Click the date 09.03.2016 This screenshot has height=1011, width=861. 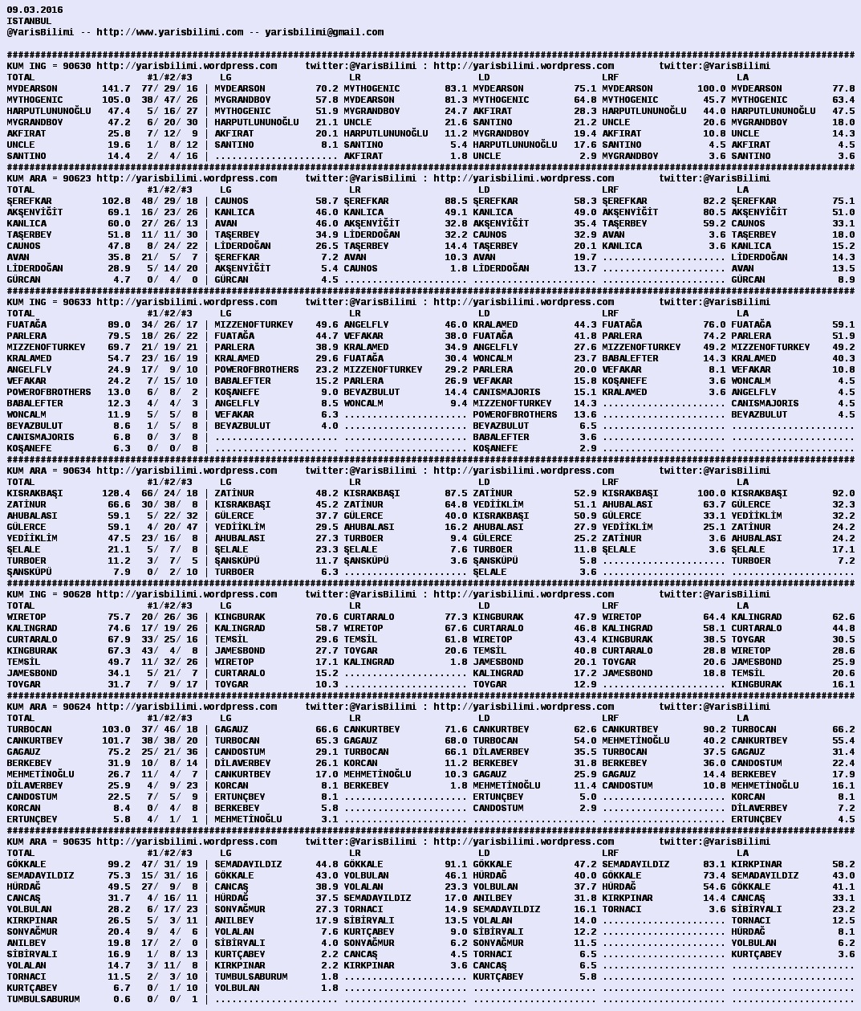(x=35, y=10)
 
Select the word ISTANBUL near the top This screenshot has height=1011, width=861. (x=29, y=21)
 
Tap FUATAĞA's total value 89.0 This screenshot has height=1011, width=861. (x=119, y=324)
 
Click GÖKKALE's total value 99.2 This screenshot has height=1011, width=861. (x=119, y=864)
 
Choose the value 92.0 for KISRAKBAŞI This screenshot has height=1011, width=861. (x=843, y=493)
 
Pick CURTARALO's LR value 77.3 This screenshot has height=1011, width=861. (x=456, y=617)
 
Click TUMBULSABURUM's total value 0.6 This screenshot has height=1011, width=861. (x=121, y=999)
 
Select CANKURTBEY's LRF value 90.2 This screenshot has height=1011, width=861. (x=714, y=729)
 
